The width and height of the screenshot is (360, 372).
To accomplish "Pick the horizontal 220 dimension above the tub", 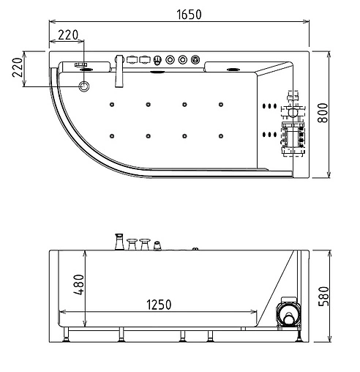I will [67, 34].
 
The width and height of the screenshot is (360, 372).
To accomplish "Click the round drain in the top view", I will [86, 87].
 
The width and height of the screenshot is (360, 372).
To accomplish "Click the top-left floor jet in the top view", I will [113, 103].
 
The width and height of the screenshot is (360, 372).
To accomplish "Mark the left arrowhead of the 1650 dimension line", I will [51, 22].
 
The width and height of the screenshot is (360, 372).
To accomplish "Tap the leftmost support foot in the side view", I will [67, 335].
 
